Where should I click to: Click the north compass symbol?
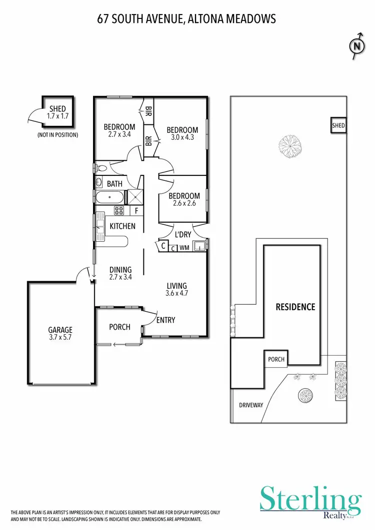(x=356, y=46)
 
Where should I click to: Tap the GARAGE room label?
(x=60, y=330)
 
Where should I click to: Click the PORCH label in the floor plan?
(x=119, y=327)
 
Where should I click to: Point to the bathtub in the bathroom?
(x=109, y=197)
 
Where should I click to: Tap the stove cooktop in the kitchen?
(x=119, y=210)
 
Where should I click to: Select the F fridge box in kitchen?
(x=136, y=210)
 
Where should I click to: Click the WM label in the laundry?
(x=184, y=247)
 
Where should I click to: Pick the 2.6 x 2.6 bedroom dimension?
(x=184, y=204)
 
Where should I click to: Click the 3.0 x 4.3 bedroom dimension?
(x=182, y=138)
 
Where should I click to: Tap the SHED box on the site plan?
(x=338, y=126)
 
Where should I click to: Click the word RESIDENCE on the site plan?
(x=295, y=307)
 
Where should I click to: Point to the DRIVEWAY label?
(x=250, y=405)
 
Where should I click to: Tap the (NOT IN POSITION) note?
(x=57, y=135)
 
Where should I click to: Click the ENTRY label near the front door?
(x=165, y=320)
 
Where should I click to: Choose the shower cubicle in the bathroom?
(x=134, y=197)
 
